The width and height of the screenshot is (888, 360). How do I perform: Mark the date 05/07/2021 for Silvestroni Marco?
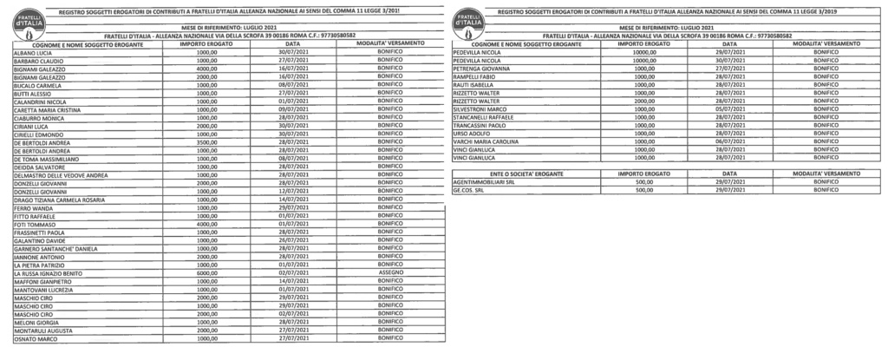pyautogui.click(x=729, y=110)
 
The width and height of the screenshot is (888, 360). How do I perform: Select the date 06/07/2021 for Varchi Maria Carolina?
pyautogui.click(x=729, y=142)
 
